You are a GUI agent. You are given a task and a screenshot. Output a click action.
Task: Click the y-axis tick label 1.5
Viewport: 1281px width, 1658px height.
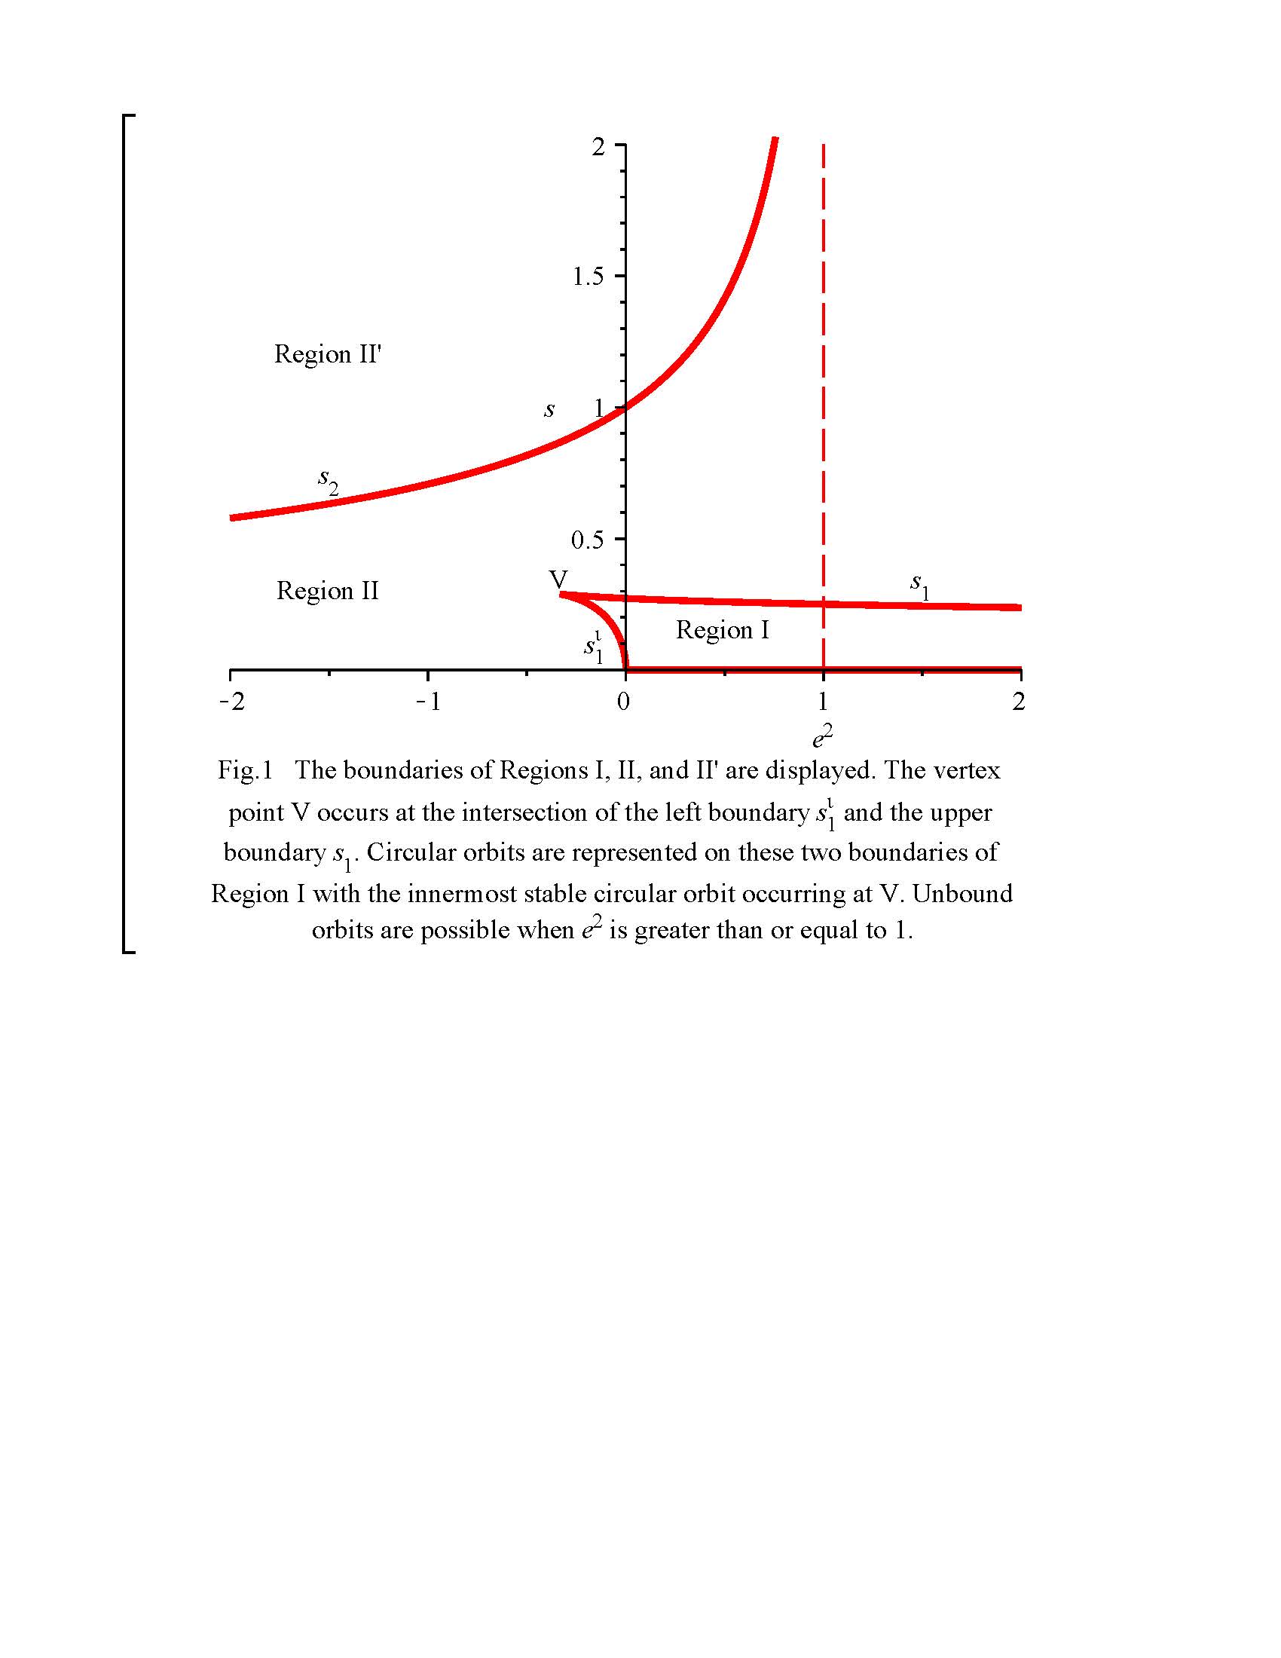(x=589, y=277)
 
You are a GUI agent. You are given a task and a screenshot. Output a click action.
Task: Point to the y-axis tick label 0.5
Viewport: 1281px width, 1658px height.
(x=589, y=540)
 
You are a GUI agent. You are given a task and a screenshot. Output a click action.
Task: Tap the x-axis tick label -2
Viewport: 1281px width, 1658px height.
(x=232, y=702)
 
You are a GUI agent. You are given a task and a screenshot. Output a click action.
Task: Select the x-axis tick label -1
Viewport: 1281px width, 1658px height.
(x=429, y=702)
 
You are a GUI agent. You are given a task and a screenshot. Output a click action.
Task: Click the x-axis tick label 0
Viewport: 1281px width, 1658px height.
(x=624, y=702)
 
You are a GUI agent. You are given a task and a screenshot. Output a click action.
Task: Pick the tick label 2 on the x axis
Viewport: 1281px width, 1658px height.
(x=1019, y=702)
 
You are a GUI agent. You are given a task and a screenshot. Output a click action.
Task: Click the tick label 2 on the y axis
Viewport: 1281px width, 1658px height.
(x=599, y=145)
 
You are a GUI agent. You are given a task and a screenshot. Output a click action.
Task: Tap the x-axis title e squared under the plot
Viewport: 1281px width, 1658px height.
(x=823, y=736)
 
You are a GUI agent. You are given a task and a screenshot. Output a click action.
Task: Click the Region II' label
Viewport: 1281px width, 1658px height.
(x=327, y=353)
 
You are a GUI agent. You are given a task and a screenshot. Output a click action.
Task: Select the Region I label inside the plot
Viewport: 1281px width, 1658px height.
(x=723, y=629)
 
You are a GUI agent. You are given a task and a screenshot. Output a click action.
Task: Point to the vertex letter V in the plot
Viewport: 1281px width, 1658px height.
(x=558, y=580)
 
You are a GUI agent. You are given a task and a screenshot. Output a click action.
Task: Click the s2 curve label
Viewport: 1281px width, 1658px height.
(x=328, y=481)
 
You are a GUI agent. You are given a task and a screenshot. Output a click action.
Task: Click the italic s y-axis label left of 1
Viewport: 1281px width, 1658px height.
(x=549, y=410)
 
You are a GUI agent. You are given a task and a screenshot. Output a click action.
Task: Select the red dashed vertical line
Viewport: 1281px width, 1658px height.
(x=824, y=380)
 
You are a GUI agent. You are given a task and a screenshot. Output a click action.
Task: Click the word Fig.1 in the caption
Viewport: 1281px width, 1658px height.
(x=244, y=770)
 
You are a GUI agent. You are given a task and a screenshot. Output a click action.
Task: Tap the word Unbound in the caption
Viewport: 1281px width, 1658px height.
(x=962, y=894)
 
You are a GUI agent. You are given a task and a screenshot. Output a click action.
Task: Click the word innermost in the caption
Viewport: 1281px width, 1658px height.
(x=457, y=894)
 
